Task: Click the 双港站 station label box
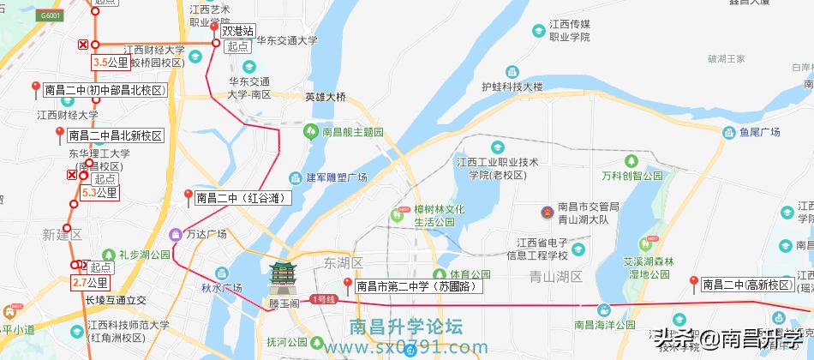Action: (237, 31)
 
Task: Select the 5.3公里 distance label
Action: (99, 193)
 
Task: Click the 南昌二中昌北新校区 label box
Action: (116, 135)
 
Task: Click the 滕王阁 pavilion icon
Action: (282, 277)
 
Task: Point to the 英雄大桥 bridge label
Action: (326, 97)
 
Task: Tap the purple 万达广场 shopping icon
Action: (176, 234)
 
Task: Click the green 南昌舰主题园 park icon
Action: (311, 132)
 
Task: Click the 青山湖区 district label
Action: (556, 276)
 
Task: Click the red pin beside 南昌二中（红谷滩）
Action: (189, 196)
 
